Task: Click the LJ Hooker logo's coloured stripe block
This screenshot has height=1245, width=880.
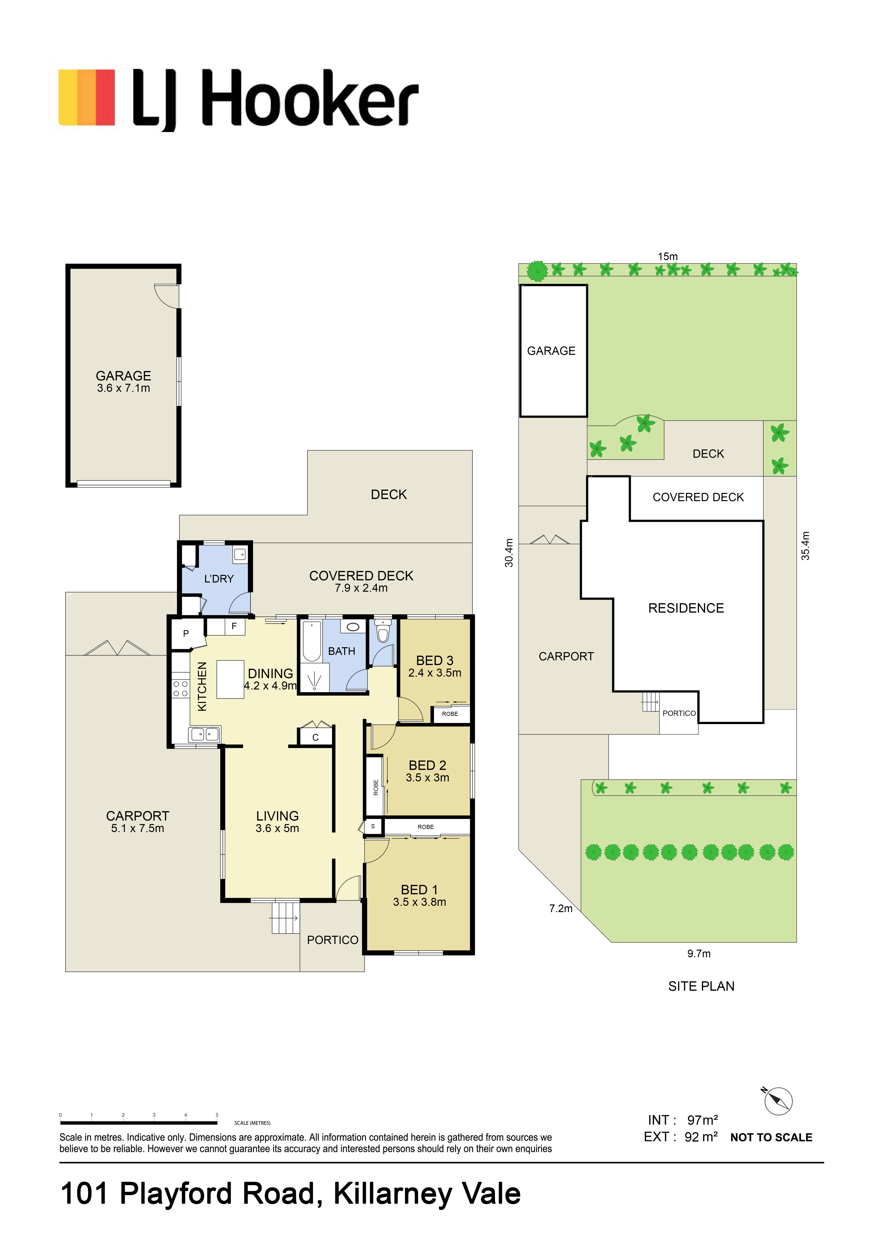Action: point(87,98)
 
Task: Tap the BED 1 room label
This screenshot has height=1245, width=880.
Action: point(419,890)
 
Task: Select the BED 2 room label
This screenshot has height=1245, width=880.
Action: point(427,765)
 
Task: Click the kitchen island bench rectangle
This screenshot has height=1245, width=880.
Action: point(230,679)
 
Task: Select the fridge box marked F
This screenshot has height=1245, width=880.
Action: point(234,626)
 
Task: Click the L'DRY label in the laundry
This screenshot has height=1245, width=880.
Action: point(218,579)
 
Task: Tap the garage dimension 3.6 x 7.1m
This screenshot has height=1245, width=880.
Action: point(124,388)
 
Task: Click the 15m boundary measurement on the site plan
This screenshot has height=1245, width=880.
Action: point(667,256)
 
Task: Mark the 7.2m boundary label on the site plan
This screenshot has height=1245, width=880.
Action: point(561,908)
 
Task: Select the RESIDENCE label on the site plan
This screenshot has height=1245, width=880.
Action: point(686,608)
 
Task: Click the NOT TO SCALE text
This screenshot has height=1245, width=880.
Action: point(771,1138)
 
